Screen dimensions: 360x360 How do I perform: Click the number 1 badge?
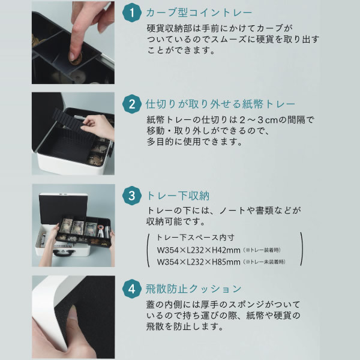click(x=132, y=13)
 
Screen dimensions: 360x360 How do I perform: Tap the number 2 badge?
click(x=132, y=104)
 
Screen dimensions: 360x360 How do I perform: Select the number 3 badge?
click(x=132, y=196)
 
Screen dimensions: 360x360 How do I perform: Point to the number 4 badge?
click(x=132, y=289)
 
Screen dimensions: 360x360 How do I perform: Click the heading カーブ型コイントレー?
click(x=199, y=13)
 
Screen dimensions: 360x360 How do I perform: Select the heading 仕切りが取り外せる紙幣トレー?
click(x=220, y=104)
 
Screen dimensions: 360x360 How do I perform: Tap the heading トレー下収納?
click(x=178, y=196)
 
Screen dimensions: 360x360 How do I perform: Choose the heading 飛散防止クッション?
click(x=193, y=289)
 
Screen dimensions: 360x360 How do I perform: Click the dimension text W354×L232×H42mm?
click(x=199, y=250)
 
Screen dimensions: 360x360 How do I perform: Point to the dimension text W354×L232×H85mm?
click(x=199, y=262)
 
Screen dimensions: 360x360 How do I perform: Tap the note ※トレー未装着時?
click(x=264, y=262)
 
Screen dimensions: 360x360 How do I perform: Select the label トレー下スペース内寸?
click(x=196, y=238)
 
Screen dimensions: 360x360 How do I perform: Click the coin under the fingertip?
click(x=76, y=59)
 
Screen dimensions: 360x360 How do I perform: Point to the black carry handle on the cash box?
click(x=64, y=253)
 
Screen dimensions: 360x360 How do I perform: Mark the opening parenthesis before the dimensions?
click(x=148, y=250)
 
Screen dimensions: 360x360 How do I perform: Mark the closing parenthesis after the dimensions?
click(x=301, y=250)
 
